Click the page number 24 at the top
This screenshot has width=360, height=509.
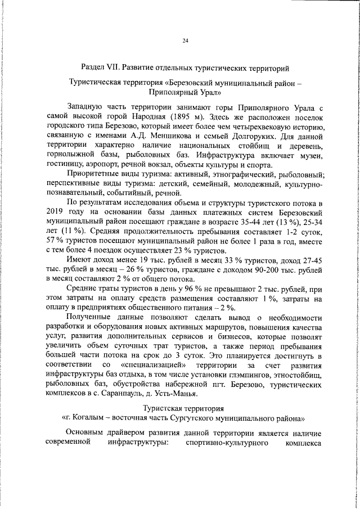[x=186, y=40]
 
